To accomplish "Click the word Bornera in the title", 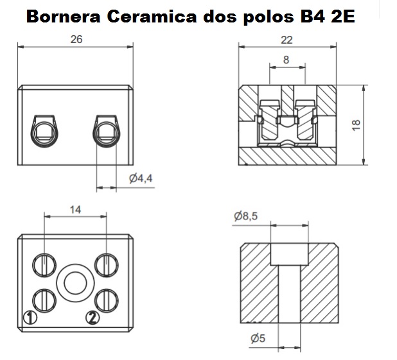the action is pos(64,17).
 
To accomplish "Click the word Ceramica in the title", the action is pos(152,17).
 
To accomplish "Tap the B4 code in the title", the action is pos(312,17).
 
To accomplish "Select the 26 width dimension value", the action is pos(76,40).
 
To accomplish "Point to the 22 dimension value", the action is pos(287,40).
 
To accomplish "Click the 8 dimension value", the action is pos(286,60).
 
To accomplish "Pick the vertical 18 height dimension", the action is pos(357,125).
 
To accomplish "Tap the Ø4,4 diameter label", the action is pos(141,178).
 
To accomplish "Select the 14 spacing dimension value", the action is pos(75,210).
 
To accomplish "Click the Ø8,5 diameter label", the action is pos(246,216).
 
